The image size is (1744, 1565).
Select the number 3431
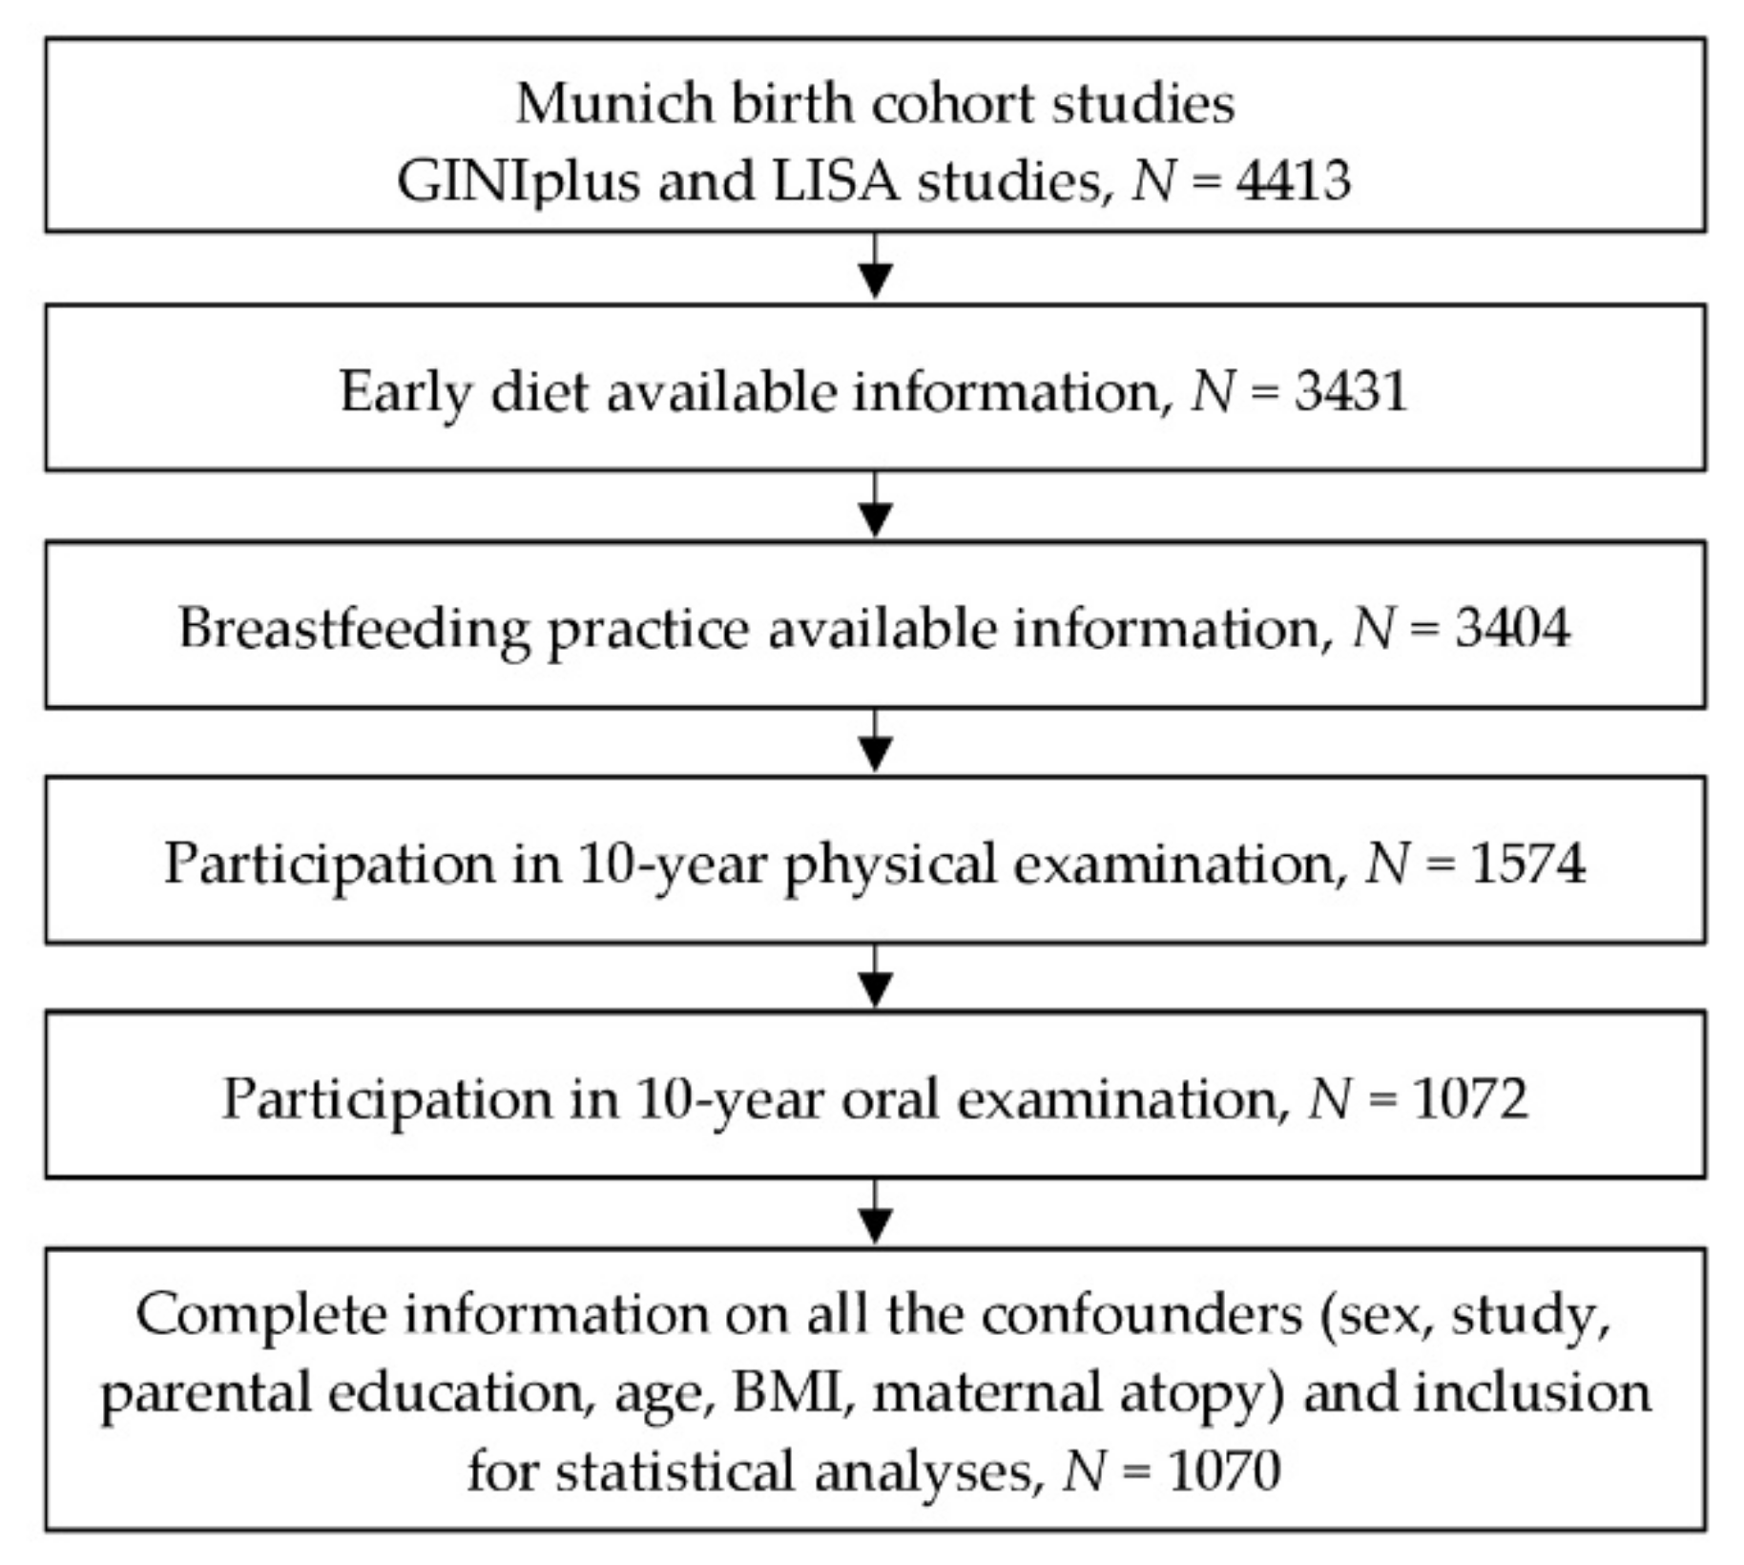tap(1350, 390)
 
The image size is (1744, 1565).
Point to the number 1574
tap(1528, 863)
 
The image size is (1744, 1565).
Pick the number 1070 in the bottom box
tap(1223, 1471)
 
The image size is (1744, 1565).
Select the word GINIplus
tap(518, 181)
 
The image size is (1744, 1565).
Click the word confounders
tap(1141, 1314)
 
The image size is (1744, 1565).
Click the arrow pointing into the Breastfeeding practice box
tap(876, 507)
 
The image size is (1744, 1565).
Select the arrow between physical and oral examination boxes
tap(876, 978)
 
